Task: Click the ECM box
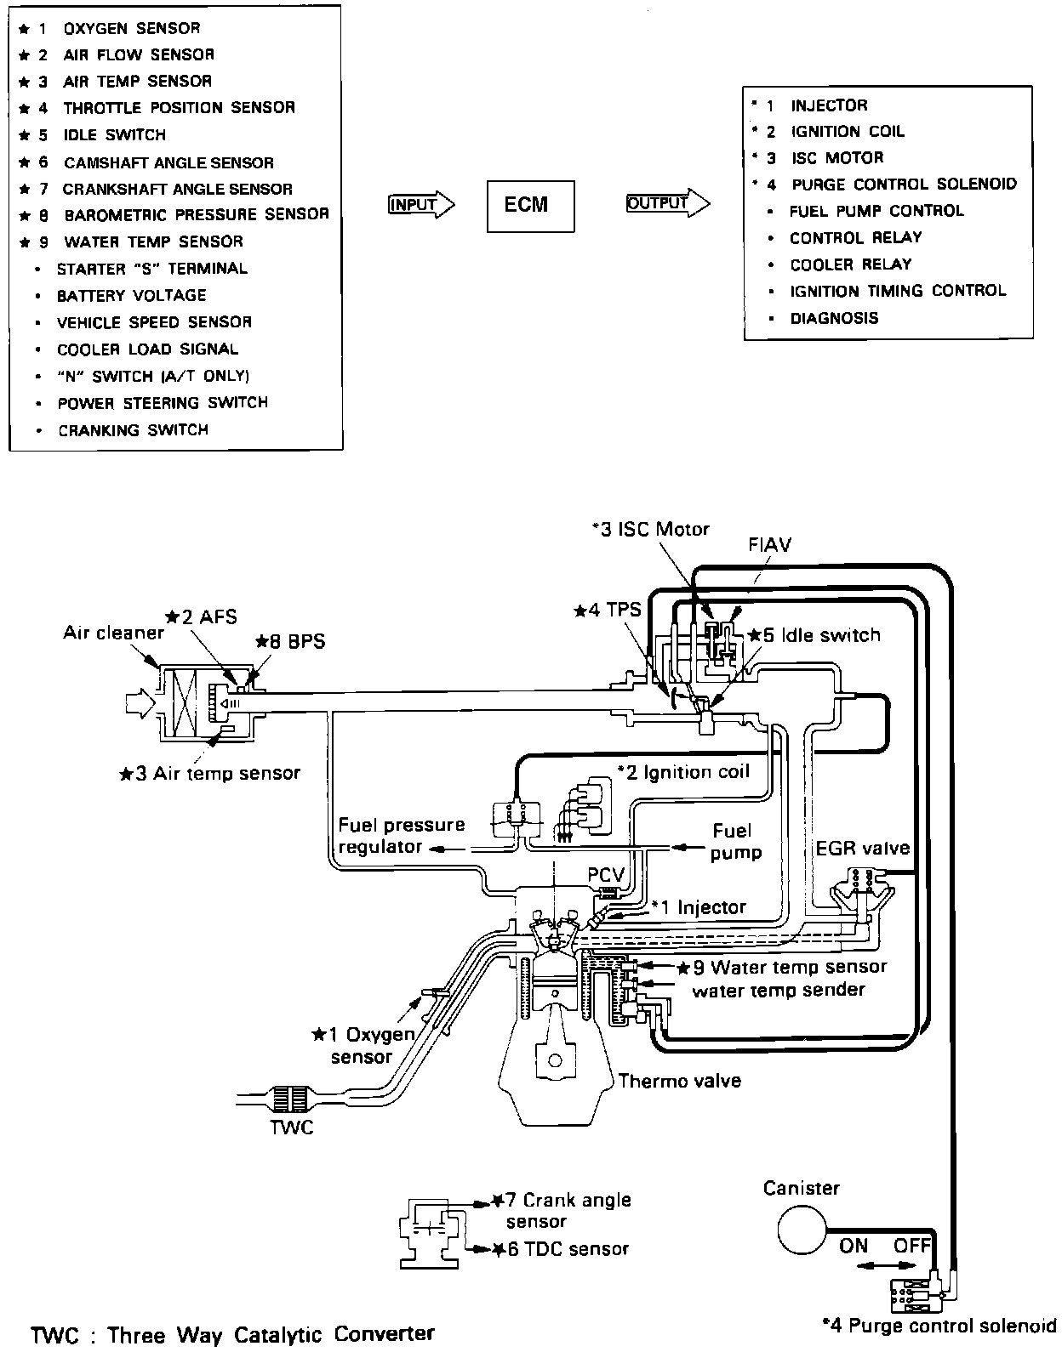coord(530,206)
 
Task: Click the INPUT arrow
coord(420,204)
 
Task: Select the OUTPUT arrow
coord(666,203)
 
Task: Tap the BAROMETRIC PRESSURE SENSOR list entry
coord(196,215)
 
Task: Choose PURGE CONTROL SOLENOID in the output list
coord(904,185)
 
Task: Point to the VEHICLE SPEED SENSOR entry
coord(154,322)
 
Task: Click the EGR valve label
coord(862,849)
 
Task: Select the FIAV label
coord(769,545)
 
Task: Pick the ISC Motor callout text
coord(651,529)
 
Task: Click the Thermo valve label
coord(679,1081)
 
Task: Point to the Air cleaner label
coord(113,633)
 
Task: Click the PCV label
coord(606,875)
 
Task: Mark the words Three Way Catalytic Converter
coord(271,1335)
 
